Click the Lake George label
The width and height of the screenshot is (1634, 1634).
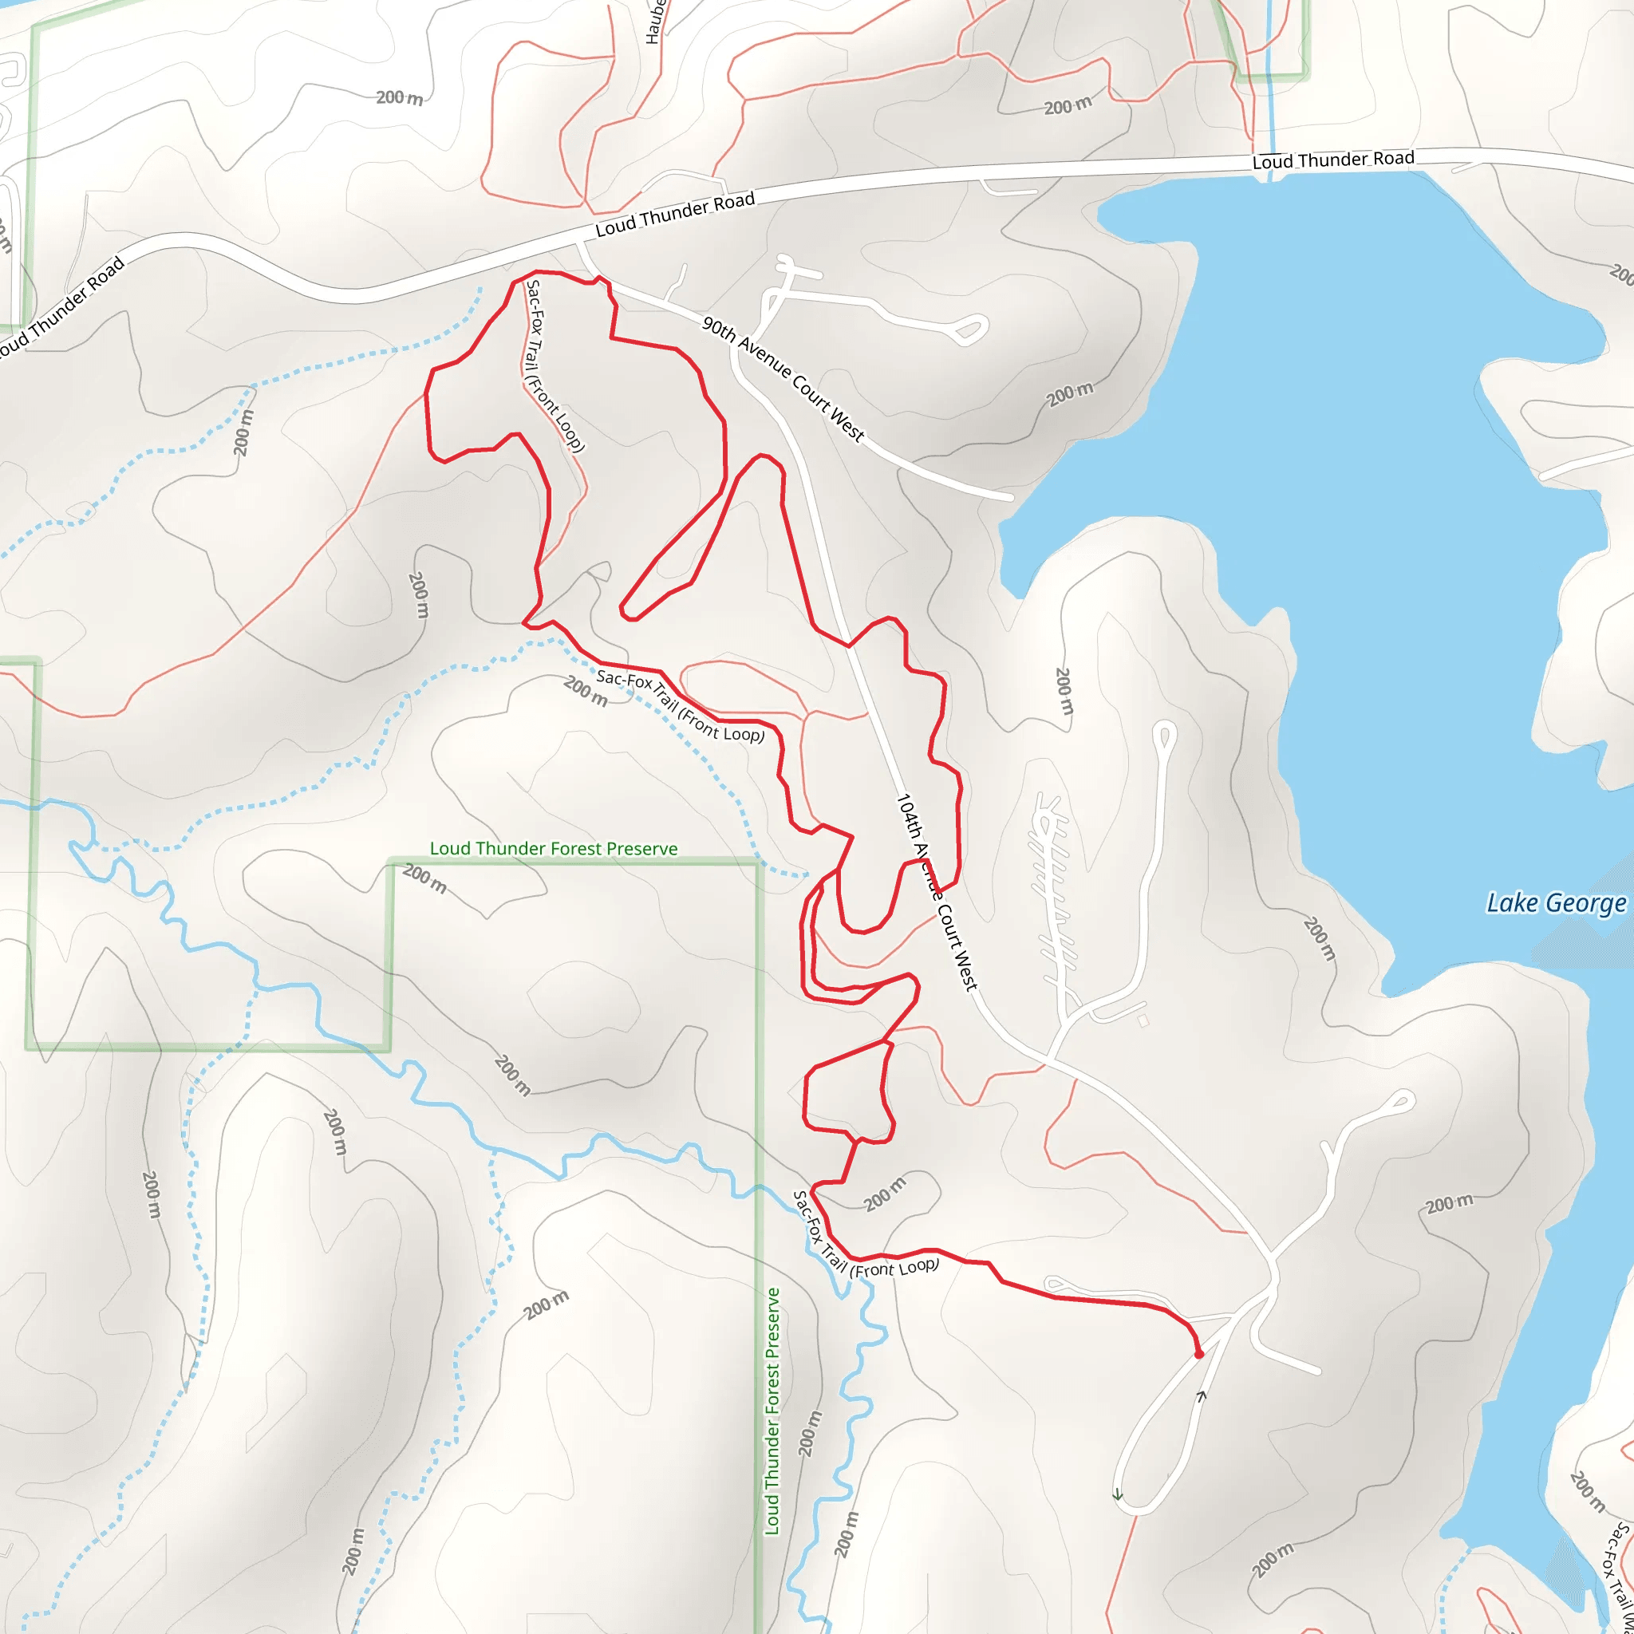1555,903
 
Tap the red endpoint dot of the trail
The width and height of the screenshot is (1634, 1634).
1198,1354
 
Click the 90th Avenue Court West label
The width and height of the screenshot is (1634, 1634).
783,380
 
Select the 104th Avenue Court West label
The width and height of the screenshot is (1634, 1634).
936,892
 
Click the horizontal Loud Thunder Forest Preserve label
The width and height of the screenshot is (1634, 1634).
553,848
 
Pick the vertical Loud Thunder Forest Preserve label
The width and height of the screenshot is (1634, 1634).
772,1411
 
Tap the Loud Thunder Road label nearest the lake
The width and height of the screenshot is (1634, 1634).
1333,159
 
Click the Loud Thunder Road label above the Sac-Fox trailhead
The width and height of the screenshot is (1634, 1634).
674,214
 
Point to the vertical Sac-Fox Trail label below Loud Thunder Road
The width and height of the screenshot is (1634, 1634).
554,366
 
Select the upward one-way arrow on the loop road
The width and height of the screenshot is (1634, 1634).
1201,1395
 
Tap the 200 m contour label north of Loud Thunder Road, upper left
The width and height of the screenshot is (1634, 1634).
399,98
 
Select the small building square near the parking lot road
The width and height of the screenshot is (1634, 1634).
1143,1020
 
